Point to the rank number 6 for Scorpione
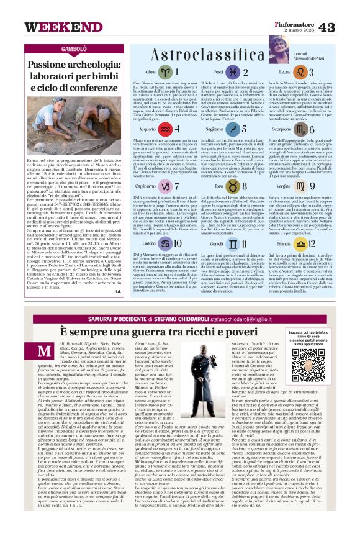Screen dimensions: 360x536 click(330, 129)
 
